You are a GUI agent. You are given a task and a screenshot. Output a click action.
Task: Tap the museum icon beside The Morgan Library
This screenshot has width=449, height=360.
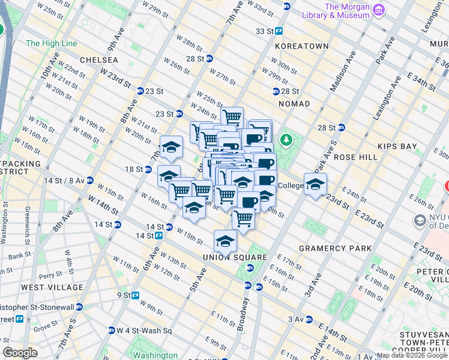coord(379,10)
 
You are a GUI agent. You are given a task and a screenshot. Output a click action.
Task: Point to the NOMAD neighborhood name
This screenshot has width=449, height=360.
coord(294,104)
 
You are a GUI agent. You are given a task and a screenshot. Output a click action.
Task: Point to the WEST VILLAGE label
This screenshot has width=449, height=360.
coord(52,287)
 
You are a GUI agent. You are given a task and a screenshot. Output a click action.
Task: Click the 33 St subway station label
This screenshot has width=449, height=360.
coord(265,31)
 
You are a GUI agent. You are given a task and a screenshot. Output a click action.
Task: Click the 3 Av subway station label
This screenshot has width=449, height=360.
coord(297,319)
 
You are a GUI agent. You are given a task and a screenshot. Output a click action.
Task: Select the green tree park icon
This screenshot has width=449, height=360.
coord(287,141)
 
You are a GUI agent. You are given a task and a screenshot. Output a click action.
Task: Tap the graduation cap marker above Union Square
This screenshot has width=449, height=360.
coord(225,241)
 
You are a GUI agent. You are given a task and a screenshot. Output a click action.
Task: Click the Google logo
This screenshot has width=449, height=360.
coord(20,353)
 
